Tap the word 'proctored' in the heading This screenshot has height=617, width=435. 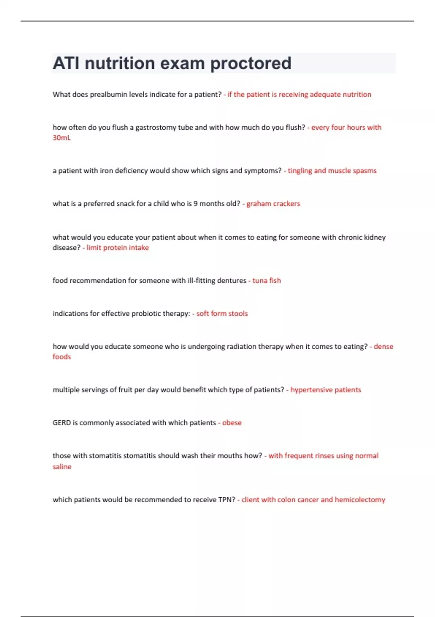pyautogui.click(x=250, y=64)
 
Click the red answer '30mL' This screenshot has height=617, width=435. pyautogui.click(x=62, y=138)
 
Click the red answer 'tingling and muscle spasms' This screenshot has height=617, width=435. pyautogui.click(x=332, y=171)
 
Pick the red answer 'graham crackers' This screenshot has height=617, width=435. pyautogui.click(x=273, y=204)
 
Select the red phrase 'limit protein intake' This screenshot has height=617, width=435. pyautogui.click(x=117, y=248)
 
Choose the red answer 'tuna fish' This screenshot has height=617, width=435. pyautogui.click(x=266, y=281)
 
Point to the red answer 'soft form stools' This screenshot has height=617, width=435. pyautogui.click(x=222, y=314)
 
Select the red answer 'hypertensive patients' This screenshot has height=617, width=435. pyautogui.click(x=326, y=390)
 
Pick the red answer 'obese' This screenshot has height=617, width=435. pyautogui.click(x=232, y=423)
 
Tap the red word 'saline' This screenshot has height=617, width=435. pyautogui.click(x=62, y=467)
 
